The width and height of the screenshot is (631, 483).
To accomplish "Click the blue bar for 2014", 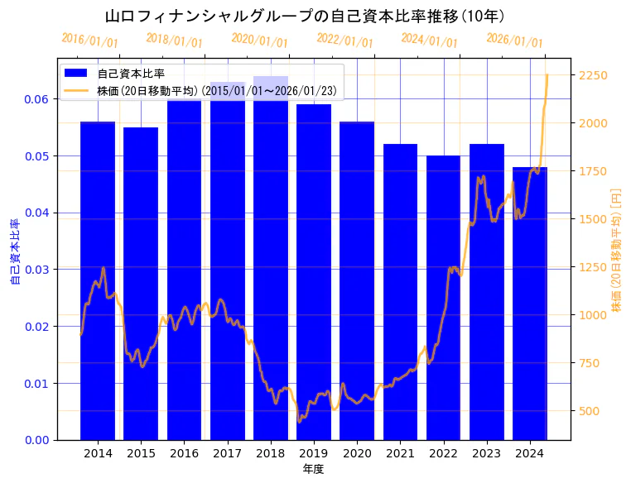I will click(x=98, y=281).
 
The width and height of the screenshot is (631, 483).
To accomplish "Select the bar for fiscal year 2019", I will click(x=314, y=273).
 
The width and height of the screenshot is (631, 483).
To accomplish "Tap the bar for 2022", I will click(x=443, y=298).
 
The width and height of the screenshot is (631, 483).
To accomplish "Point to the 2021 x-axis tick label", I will click(x=400, y=453).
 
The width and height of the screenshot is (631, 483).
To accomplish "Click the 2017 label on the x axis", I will click(x=227, y=453).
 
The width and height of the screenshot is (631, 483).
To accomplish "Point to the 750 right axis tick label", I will click(x=590, y=363).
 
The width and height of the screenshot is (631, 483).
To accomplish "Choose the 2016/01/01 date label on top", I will click(x=89, y=41).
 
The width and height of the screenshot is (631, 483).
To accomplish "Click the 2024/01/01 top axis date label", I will click(x=429, y=41).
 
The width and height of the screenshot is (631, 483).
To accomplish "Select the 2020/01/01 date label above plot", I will click(x=259, y=41).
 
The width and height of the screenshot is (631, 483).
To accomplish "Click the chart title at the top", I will click(x=306, y=16).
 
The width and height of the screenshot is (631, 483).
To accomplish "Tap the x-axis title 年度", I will click(x=313, y=469).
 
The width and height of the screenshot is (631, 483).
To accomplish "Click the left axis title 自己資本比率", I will click(x=14, y=251).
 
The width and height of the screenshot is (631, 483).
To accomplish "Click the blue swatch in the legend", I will click(x=79, y=74).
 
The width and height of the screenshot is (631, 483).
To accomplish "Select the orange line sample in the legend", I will click(x=79, y=90).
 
